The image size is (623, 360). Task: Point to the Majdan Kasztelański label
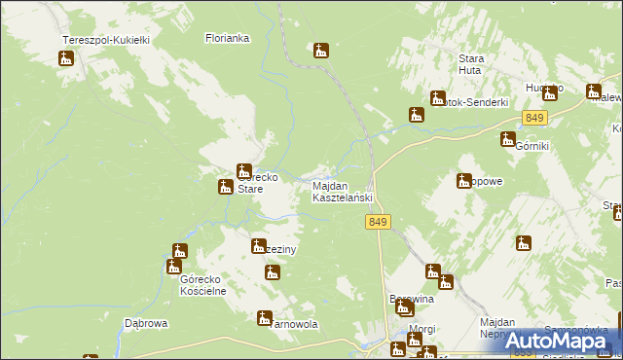click(x=342, y=192)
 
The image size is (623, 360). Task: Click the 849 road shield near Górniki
click(x=533, y=118)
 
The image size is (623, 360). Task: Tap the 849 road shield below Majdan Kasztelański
click(x=380, y=223)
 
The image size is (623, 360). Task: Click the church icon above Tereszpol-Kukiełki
click(x=66, y=58)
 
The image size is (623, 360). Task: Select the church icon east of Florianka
click(x=321, y=51)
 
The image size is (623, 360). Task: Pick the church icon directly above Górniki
click(x=507, y=139)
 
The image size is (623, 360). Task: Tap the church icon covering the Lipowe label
click(x=464, y=180)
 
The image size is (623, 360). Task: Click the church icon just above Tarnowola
click(x=264, y=317)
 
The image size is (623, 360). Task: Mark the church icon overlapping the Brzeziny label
click(x=259, y=245)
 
